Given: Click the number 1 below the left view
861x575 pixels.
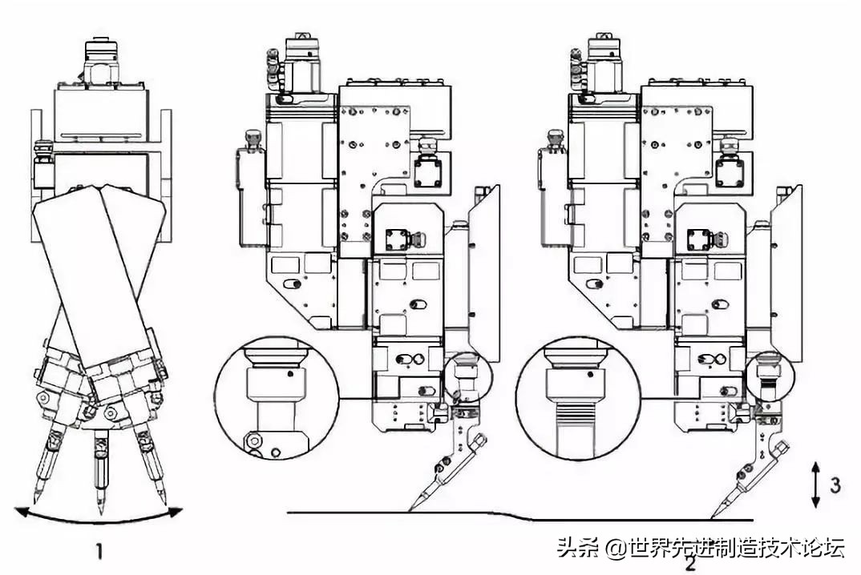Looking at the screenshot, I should tap(99, 550).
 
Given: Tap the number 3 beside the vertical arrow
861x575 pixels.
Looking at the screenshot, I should tap(835, 484).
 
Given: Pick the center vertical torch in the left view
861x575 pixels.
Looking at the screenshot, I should tap(99, 464).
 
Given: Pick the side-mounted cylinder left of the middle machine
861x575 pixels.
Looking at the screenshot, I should tap(251, 192).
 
